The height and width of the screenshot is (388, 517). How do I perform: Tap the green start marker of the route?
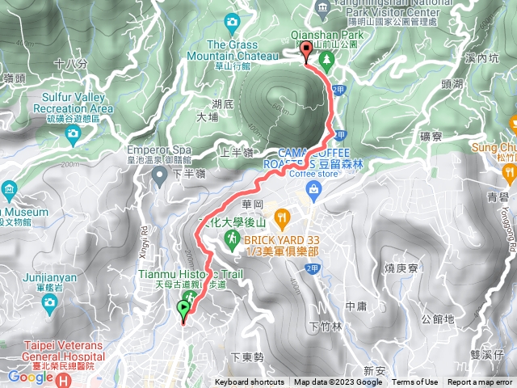[x=185, y=307]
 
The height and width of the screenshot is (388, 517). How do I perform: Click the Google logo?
[x=31, y=376]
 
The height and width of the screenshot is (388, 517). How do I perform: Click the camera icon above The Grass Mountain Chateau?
[x=233, y=22]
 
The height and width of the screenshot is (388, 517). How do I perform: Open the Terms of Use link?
[x=415, y=382]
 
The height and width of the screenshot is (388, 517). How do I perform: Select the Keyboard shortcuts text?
[x=250, y=382]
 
